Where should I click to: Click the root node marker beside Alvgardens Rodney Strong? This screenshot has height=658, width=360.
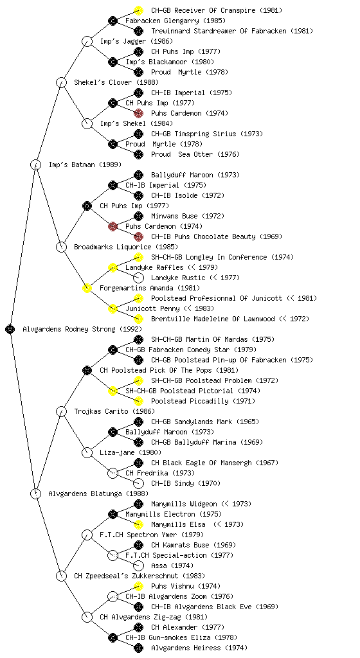pyautogui.click(x=10, y=329)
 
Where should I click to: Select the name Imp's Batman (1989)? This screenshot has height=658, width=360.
pyautogui.click(x=85, y=164)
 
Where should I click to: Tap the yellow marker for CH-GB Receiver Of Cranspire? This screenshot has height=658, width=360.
pyautogui.click(x=138, y=10)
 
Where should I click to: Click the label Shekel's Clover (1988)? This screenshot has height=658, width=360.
pyautogui.click(x=116, y=82)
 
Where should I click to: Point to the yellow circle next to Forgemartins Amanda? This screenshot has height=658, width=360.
pyautogui.click(x=87, y=288)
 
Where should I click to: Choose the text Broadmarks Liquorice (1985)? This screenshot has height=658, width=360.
pyautogui.click(x=126, y=247)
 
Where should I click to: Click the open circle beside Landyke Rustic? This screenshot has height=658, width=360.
pyautogui.click(x=138, y=278)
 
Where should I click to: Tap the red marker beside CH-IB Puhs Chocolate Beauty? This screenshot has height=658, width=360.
pyautogui.click(x=138, y=236)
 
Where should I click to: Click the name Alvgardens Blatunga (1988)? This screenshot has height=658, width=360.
pyautogui.click(x=98, y=493)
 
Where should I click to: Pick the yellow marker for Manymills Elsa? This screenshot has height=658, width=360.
pyautogui.click(x=138, y=524)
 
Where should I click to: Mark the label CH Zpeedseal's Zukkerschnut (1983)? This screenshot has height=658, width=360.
pyautogui.click(x=139, y=576)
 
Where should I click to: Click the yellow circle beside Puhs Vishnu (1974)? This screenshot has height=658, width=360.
pyautogui.click(x=138, y=586)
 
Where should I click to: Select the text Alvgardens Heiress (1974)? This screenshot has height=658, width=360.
pyautogui.click(x=199, y=648)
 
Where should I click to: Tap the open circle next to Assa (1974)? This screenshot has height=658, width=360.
pyautogui.click(x=138, y=565)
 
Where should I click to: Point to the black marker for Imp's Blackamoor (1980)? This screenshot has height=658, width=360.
pyautogui.click(x=113, y=62)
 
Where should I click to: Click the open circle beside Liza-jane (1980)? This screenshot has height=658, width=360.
pyautogui.click(x=87, y=452)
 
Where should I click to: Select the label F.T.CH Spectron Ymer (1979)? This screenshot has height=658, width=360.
pyautogui.click(x=152, y=535)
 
